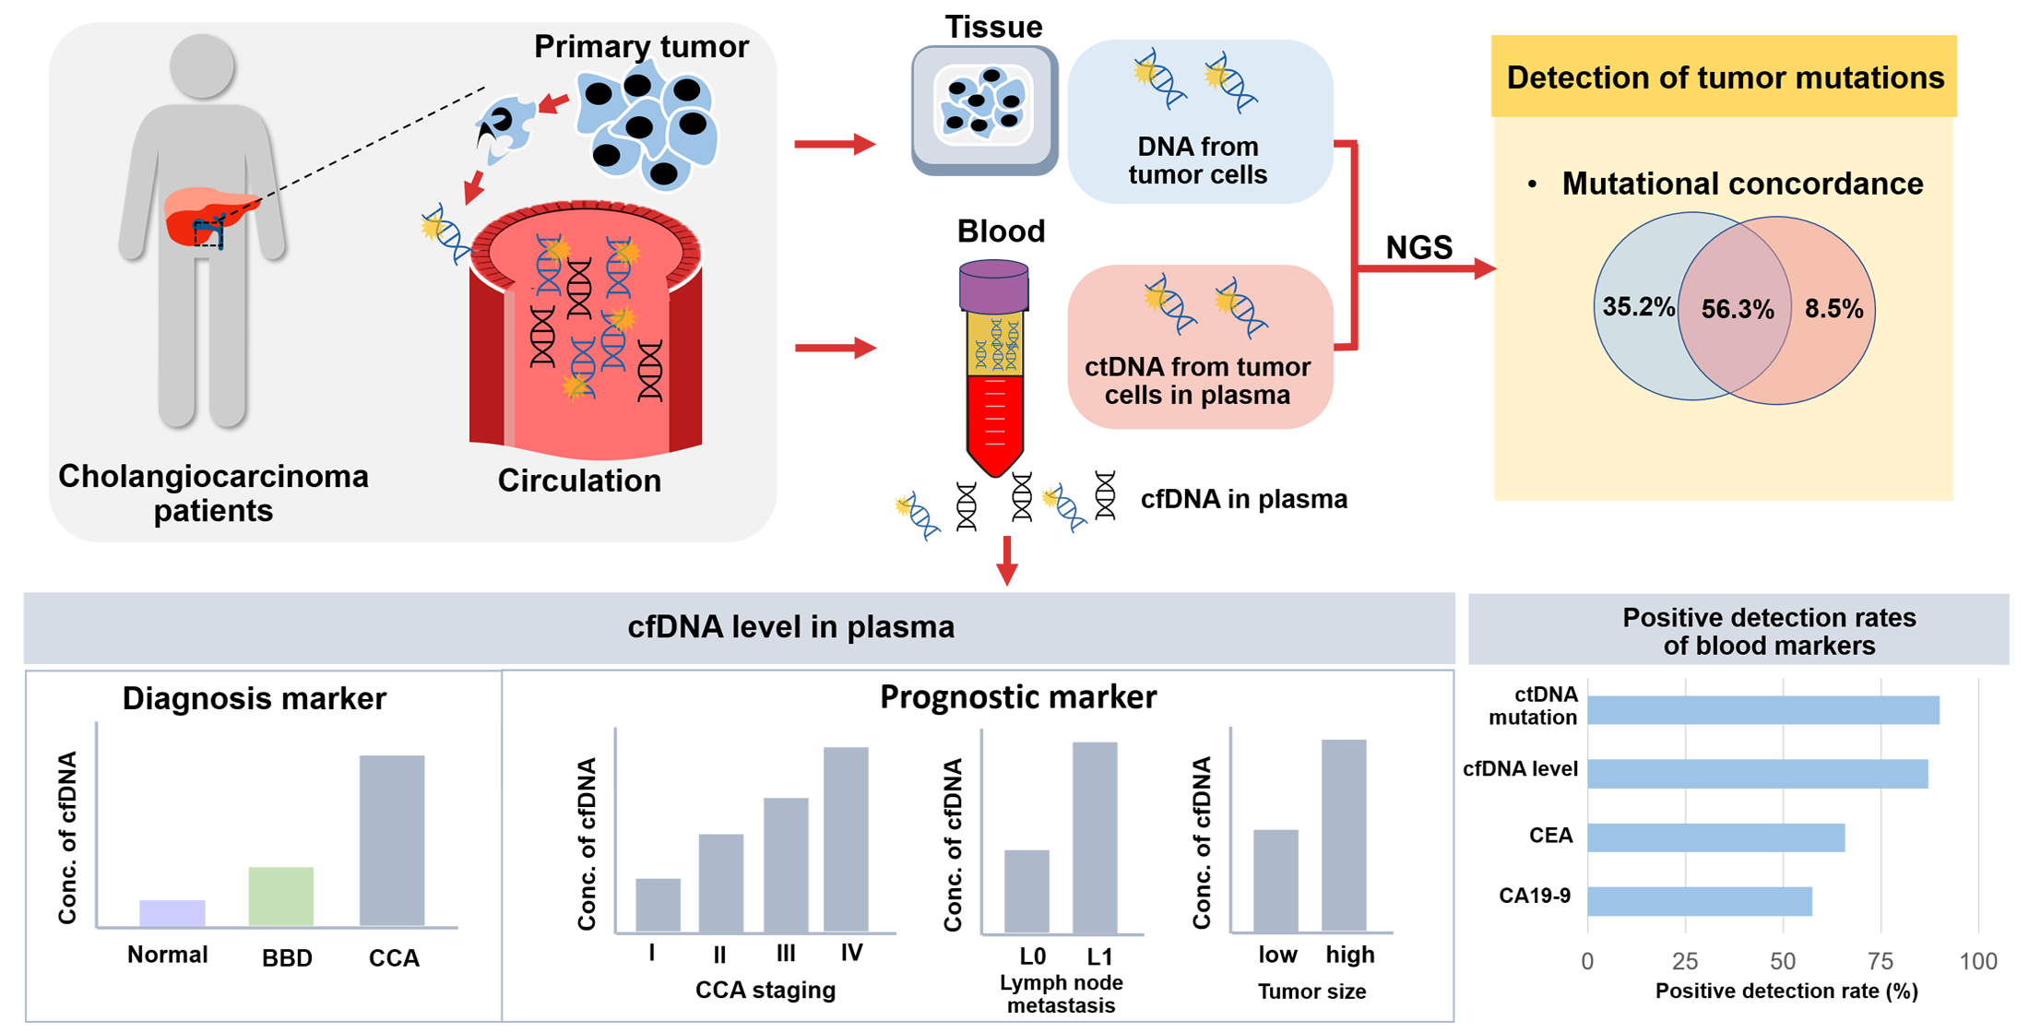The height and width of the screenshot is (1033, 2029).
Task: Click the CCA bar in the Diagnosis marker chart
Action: (392, 840)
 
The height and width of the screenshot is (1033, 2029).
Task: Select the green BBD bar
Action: (281, 896)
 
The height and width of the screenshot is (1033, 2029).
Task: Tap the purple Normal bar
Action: (172, 912)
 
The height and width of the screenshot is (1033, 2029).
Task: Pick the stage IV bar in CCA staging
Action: (846, 838)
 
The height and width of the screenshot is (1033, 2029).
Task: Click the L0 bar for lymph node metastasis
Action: (1026, 890)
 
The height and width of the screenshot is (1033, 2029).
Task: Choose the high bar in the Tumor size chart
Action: (1344, 835)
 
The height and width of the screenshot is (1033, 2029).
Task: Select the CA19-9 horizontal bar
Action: (1700, 901)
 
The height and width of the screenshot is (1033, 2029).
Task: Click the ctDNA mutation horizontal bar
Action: (1763, 710)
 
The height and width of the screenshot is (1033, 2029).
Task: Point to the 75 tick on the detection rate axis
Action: (1881, 961)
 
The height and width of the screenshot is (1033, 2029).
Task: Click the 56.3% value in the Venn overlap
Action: (1738, 309)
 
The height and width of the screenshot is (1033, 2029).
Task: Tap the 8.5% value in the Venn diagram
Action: (1833, 309)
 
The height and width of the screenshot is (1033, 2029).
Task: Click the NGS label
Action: (1418, 247)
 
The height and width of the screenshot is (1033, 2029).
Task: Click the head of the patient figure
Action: (203, 65)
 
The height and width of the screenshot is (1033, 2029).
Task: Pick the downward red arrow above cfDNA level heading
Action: (1007, 560)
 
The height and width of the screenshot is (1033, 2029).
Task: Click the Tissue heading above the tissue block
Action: (992, 27)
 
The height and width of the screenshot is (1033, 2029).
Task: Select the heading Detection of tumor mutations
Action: (1725, 77)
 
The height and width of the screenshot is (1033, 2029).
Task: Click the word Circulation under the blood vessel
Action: (579, 481)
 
